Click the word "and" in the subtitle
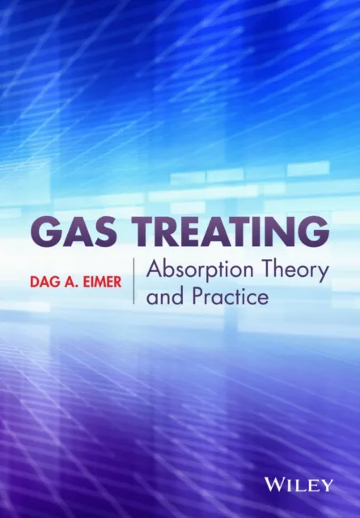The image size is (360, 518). pyautogui.click(x=163, y=297)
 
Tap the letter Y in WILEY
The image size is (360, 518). pyautogui.click(x=327, y=486)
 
